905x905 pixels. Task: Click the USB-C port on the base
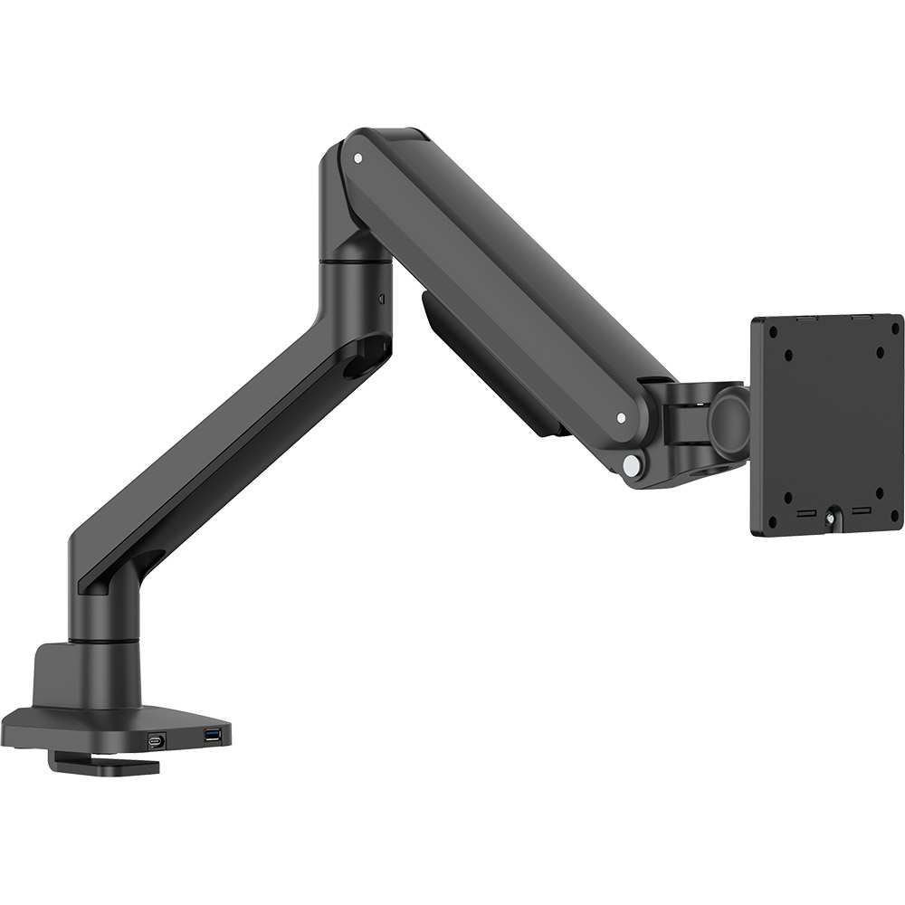[x=157, y=740]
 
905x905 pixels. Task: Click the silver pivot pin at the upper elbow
[x=357, y=157]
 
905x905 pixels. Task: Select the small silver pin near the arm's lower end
[x=620, y=418]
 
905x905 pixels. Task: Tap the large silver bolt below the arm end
[x=630, y=465]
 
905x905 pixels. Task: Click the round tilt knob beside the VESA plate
[x=729, y=424]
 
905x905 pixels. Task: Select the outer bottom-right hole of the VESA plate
[x=895, y=517]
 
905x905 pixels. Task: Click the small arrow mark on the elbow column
[x=381, y=297]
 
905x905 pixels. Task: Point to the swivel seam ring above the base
[x=104, y=641]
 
